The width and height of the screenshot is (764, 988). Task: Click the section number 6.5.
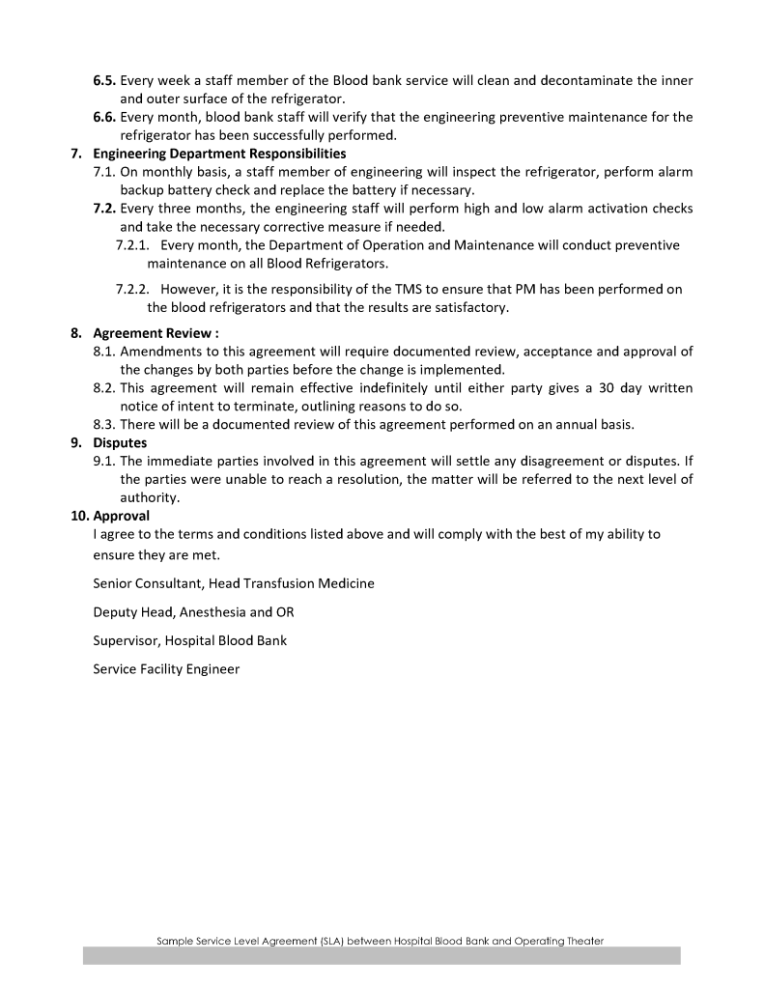coord(105,80)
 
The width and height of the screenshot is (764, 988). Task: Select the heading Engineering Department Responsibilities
coord(219,154)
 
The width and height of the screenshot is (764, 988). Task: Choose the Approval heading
coord(120,516)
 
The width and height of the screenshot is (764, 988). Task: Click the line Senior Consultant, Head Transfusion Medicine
coord(234,583)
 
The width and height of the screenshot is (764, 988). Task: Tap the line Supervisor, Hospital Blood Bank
coord(189,639)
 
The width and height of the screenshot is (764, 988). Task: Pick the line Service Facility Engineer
coord(166,668)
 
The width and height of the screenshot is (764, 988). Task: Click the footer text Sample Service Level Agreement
coord(382,940)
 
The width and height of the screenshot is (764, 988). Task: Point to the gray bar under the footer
coord(382,955)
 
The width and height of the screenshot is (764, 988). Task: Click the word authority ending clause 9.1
coord(150,498)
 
